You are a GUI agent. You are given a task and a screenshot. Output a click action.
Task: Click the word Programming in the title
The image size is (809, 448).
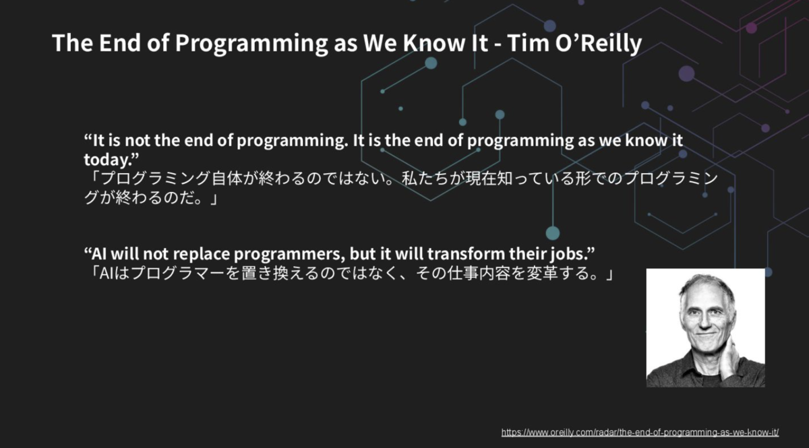[251, 43]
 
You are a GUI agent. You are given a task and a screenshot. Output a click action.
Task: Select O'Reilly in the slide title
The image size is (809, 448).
[599, 43]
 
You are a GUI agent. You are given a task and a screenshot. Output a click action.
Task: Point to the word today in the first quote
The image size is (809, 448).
[107, 159]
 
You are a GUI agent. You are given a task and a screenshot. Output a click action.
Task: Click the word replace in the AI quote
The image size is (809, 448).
[201, 254]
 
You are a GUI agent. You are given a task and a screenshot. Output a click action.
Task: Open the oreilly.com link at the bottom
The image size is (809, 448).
[640, 432]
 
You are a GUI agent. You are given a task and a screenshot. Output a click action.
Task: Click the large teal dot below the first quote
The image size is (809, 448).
[553, 233]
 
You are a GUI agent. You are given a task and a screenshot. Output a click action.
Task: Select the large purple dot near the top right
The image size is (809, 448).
[686, 74]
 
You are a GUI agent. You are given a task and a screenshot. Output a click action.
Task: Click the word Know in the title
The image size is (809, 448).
[433, 42]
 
